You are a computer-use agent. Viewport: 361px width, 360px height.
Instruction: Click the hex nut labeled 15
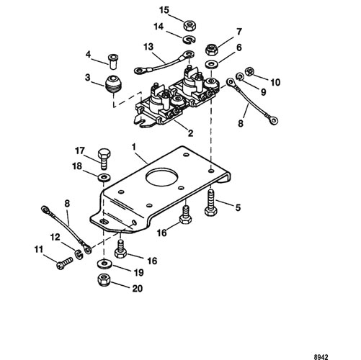pos(190,25)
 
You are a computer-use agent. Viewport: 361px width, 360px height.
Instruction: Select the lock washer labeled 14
pos(190,40)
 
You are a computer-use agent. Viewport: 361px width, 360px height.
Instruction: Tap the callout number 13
pos(148,47)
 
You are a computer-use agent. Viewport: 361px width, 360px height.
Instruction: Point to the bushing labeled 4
pos(113,61)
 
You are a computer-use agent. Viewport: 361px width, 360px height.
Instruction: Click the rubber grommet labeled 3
pos(113,84)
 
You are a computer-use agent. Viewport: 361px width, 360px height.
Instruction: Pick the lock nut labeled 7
pos(212,49)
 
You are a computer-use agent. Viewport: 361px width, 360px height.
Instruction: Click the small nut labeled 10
pos(250,71)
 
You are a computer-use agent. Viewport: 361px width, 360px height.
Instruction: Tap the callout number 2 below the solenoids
pos(190,133)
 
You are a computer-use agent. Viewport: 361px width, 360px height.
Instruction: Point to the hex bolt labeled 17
pos(104,159)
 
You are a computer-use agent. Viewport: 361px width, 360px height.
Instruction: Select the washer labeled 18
pos(104,177)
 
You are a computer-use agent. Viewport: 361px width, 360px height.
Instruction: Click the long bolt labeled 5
pos(212,202)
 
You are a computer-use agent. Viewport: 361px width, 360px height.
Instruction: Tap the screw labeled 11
pos(64,263)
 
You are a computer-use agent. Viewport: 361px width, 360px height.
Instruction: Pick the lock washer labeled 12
pos(79,254)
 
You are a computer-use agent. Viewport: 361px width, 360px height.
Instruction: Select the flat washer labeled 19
pos(104,264)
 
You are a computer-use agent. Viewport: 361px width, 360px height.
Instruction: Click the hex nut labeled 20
pos(104,280)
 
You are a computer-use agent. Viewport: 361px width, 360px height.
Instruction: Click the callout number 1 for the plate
pos(134,146)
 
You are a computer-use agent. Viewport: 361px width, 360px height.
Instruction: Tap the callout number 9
pos(263,91)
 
